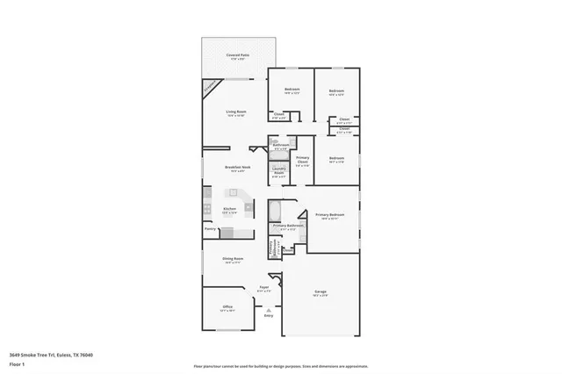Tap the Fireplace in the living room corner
point(209,86)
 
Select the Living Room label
point(234,111)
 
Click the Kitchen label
point(228,208)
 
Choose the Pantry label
point(210,229)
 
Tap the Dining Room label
point(233,259)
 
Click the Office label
point(226,307)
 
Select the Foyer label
point(263,287)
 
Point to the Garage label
point(321,291)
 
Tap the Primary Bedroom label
point(329,214)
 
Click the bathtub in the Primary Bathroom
point(274,211)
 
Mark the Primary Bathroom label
point(288,226)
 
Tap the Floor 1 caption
point(17,363)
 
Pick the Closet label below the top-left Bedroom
point(278,114)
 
